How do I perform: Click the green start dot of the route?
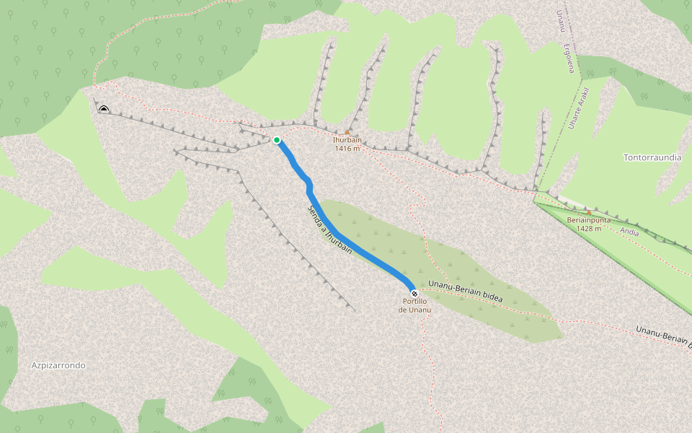[x=277, y=140]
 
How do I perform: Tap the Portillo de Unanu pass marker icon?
[x=414, y=293]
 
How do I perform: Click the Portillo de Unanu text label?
[x=415, y=305]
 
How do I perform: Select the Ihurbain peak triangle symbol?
[x=347, y=132]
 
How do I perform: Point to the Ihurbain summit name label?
[x=347, y=140]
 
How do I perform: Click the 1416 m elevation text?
[x=347, y=149]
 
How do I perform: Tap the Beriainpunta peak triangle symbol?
[x=589, y=213]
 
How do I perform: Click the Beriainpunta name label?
[x=589, y=220]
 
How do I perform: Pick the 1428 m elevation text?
[x=589, y=229]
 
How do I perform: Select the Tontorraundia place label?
[x=652, y=157]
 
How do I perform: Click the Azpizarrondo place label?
[x=58, y=365]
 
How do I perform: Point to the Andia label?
[x=629, y=232]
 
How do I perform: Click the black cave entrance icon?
[x=104, y=109]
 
